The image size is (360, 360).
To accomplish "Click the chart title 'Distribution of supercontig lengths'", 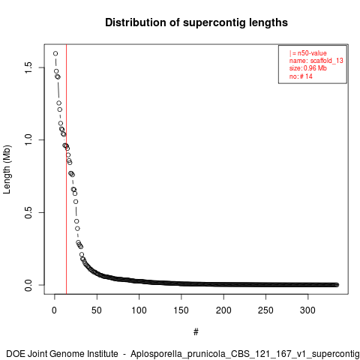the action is click(196, 22).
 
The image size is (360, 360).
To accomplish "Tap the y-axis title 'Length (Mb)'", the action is click(7, 169).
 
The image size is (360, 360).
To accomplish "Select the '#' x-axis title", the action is click(196, 332).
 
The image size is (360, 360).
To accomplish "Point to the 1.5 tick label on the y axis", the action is click(28, 67).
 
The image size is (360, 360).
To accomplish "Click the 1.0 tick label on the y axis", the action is click(28, 140).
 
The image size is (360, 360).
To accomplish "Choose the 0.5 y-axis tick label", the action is click(28, 212).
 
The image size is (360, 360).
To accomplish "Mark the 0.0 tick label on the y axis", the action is click(28, 285).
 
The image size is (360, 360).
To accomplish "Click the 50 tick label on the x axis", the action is click(97, 310).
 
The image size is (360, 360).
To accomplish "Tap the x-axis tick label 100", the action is click(139, 310).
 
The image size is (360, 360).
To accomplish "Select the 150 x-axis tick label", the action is click(181, 310).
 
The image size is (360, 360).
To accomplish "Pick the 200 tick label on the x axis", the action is click(223, 310).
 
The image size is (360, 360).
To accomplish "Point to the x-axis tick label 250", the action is click(265, 310).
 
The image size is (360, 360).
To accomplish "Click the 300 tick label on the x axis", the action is click(307, 310).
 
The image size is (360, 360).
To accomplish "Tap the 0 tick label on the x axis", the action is click(54, 310).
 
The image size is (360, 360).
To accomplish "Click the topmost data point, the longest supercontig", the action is click(55, 53).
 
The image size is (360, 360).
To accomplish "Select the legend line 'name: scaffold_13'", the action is click(316, 61).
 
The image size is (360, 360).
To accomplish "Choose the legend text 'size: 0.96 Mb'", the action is click(308, 68).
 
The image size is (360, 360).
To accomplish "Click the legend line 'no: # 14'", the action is click(301, 76).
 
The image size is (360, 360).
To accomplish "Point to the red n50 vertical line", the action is click(66, 169).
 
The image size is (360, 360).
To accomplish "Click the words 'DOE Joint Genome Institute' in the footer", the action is click(62, 354).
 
